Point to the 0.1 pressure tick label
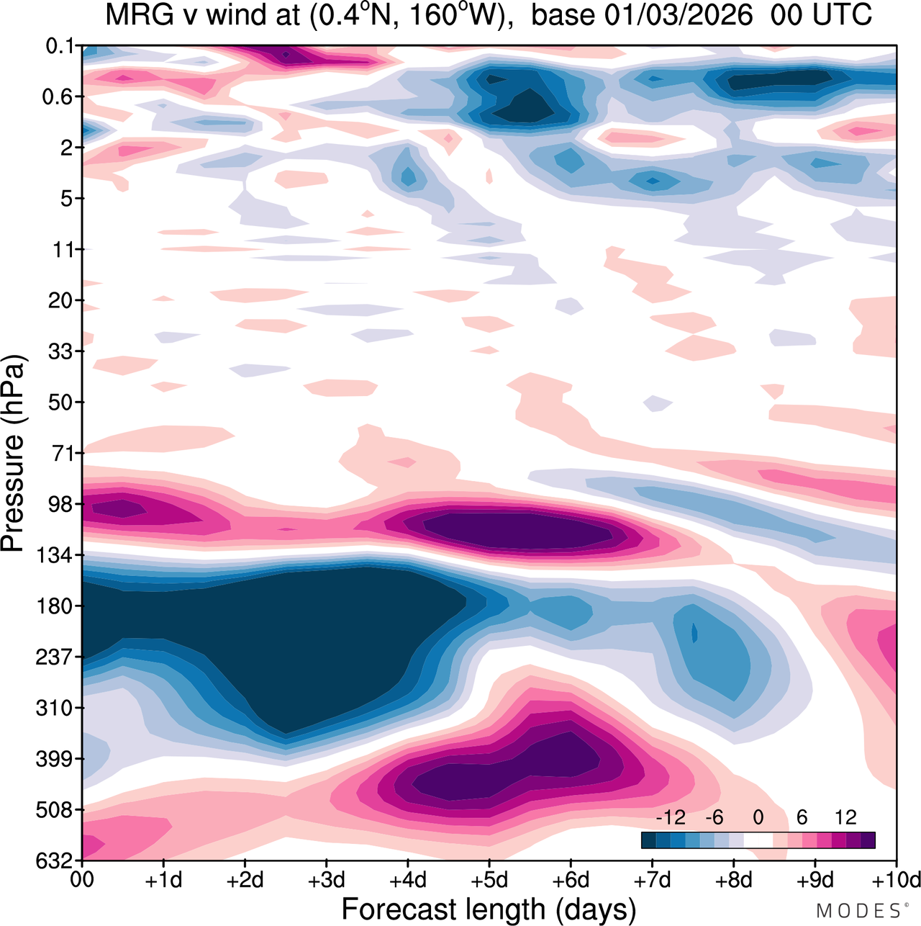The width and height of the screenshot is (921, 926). [60, 46]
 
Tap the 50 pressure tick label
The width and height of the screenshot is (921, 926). [61, 402]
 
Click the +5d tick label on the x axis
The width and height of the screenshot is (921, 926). [489, 880]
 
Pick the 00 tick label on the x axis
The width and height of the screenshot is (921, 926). [83, 880]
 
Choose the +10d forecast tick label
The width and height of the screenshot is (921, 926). [896, 880]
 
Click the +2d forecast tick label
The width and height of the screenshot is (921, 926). [245, 880]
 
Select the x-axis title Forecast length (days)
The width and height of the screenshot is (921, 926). [489, 909]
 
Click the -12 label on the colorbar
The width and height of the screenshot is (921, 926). [671, 817]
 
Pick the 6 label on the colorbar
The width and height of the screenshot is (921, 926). [802, 817]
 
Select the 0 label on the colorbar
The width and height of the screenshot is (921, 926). [758, 817]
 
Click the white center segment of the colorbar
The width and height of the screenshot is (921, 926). [758, 840]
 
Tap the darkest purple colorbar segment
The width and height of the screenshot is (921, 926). [868, 840]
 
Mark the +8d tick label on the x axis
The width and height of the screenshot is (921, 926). [734, 880]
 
